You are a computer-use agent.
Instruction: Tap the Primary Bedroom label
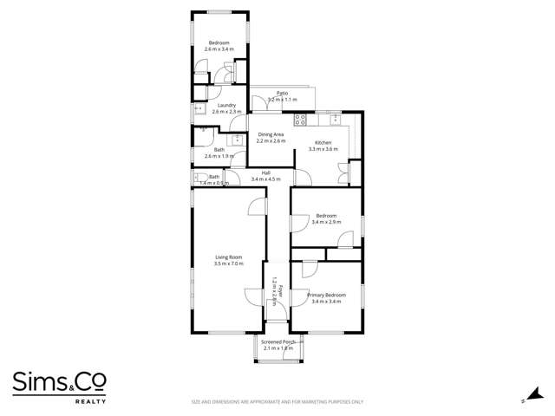(x=326, y=295)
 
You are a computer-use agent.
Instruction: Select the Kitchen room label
(x=323, y=142)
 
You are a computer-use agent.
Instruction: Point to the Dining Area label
(x=271, y=134)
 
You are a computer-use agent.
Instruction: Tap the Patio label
(x=282, y=93)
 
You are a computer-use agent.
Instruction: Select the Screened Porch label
(x=279, y=341)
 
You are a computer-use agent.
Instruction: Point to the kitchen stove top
(x=301, y=119)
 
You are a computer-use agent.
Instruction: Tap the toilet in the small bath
(x=199, y=178)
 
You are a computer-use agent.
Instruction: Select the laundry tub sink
(x=199, y=110)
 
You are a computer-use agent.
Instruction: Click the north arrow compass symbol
(x=523, y=401)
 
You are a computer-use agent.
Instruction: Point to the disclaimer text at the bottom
(x=277, y=401)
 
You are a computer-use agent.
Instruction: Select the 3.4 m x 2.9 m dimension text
(x=326, y=223)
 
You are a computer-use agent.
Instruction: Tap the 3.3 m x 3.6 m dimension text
(x=323, y=149)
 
